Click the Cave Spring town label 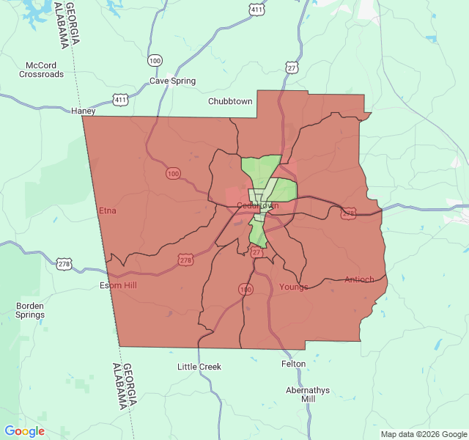tap(173, 81)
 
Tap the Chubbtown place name tap(230, 101)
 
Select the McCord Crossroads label tap(41, 70)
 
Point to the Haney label tap(84, 111)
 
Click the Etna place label tap(108, 211)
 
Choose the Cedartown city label tap(257, 206)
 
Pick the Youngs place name tap(294, 287)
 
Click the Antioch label tap(359, 279)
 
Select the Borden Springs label tap(30, 309)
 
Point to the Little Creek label tap(199, 366)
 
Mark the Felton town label tap(293, 364)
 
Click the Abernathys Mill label tap(308, 395)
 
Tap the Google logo tap(25, 431)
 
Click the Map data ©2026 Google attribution tap(423, 434)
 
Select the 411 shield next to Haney tap(120, 98)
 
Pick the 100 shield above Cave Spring tap(155, 60)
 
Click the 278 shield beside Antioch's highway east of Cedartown tap(348, 213)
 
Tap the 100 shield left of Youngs tap(244, 290)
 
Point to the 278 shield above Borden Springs tap(64, 263)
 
